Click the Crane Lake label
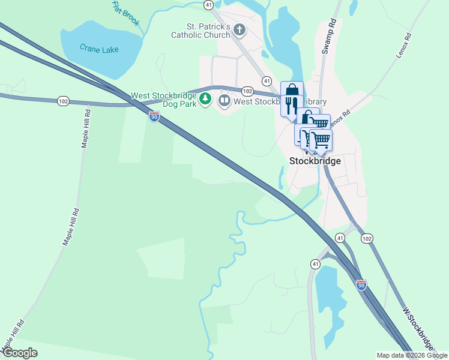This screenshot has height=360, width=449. pos(100,50)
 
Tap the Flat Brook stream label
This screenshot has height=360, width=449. pos(125,13)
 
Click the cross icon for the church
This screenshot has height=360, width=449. pos(239,29)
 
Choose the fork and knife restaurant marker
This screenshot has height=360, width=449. pos(291,106)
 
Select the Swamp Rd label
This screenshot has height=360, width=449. pos(328,40)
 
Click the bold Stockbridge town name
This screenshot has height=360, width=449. pos(315,161)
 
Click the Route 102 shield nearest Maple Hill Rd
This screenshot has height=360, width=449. pos(64,101)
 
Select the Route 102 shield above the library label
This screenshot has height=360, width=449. pos(247,91)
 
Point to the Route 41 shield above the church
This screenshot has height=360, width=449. pos(208,4)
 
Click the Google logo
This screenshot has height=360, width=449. pos(19,353)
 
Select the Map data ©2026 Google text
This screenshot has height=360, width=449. pos(412,355)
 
